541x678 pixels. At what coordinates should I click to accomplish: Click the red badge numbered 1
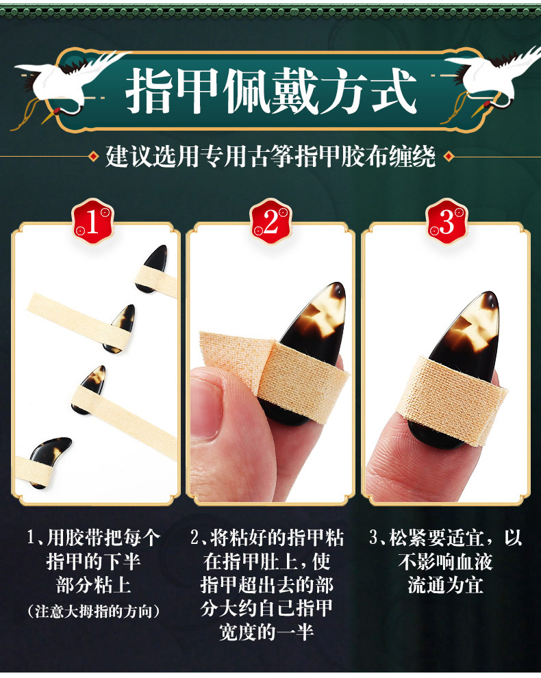[x=93, y=222]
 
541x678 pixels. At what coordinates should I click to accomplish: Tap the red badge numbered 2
[x=271, y=222]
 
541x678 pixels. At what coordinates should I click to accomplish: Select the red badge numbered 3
[x=446, y=222]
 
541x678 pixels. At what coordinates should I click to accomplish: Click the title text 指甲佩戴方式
[x=271, y=91]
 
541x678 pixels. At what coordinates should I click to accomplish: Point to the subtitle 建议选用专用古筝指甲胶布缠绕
[x=270, y=156]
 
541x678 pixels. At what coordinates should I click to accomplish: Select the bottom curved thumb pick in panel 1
[x=49, y=460]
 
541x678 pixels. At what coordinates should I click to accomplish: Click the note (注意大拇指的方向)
[x=94, y=611]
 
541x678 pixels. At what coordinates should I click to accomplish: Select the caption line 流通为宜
[x=445, y=585]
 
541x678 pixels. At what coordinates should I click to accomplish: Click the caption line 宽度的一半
[x=266, y=631]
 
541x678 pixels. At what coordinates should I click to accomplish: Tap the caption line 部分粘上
[x=94, y=585]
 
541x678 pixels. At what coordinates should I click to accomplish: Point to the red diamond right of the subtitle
[x=449, y=156]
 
